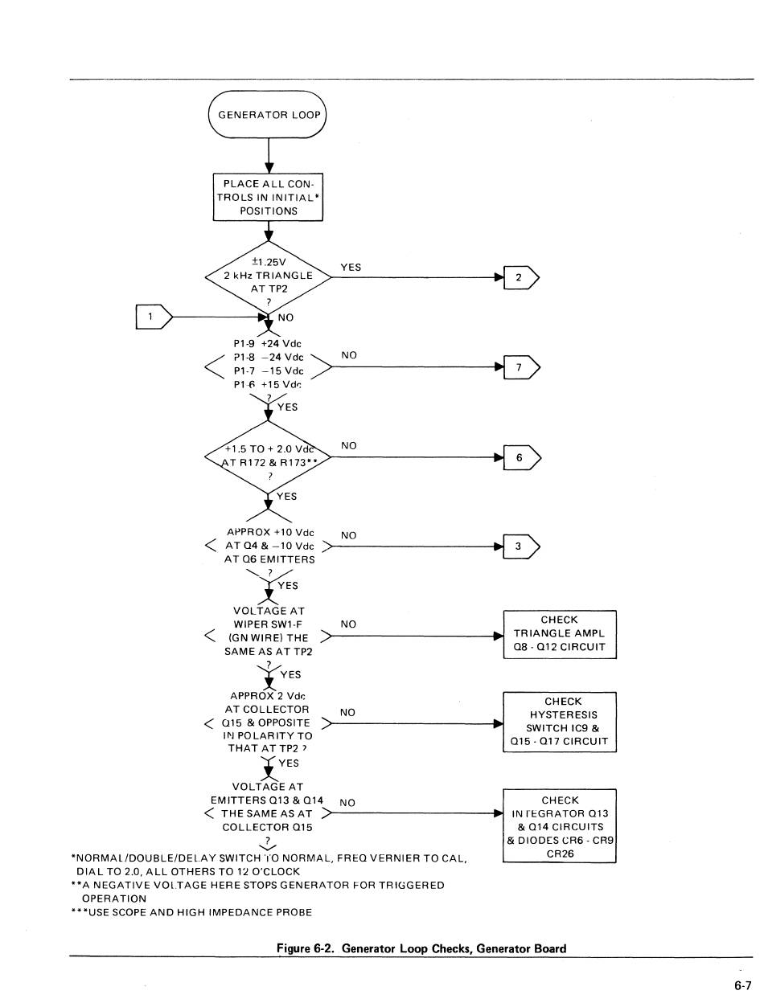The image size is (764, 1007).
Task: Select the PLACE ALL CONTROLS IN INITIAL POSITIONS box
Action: pyautogui.click(x=268, y=197)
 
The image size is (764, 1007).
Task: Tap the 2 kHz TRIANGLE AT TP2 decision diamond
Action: pyautogui.click(x=269, y=277)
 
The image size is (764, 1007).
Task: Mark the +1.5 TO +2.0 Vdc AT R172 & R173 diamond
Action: pyautogui.click(x=269, y=457)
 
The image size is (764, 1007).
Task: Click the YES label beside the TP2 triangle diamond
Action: pyautogui.click(x=351, y=267)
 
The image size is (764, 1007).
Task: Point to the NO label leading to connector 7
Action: pyautogui.click(x=349, y=355)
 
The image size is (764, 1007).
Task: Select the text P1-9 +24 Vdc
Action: pyautogui.click(x=267, y=344)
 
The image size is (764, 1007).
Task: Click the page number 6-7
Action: pyautogui.click(x=743, y=985)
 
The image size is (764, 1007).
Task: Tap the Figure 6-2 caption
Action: pyautogui.click(x=421, y=948)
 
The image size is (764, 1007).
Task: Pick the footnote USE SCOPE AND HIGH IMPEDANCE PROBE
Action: pyautogui.click(x=191, y=912)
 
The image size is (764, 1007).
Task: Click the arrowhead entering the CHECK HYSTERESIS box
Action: pyautogui.click(x=499, y=724)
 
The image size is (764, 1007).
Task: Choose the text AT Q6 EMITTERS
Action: pyautogui.click(x=269, y=559)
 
